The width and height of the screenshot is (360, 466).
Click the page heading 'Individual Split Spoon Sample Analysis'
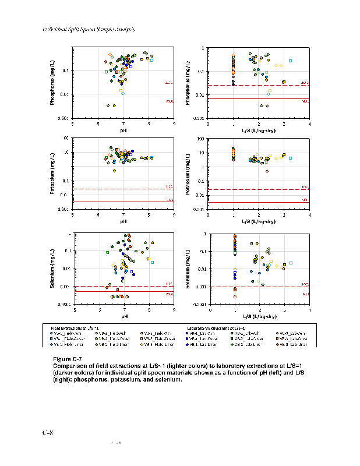pos(89,29)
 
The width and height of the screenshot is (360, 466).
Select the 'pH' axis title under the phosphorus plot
pos(123,129)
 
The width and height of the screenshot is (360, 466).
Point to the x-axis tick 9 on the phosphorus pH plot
pos(174,123)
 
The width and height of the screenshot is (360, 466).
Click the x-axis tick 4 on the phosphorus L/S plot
pos(309,123)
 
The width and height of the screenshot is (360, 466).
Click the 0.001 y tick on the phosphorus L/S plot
pos(199,118)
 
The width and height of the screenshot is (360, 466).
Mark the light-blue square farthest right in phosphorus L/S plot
pos(290,61)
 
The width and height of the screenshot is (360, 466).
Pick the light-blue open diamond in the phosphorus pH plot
pos(123,93)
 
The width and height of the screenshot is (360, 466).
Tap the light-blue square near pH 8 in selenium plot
pos(152,262)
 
